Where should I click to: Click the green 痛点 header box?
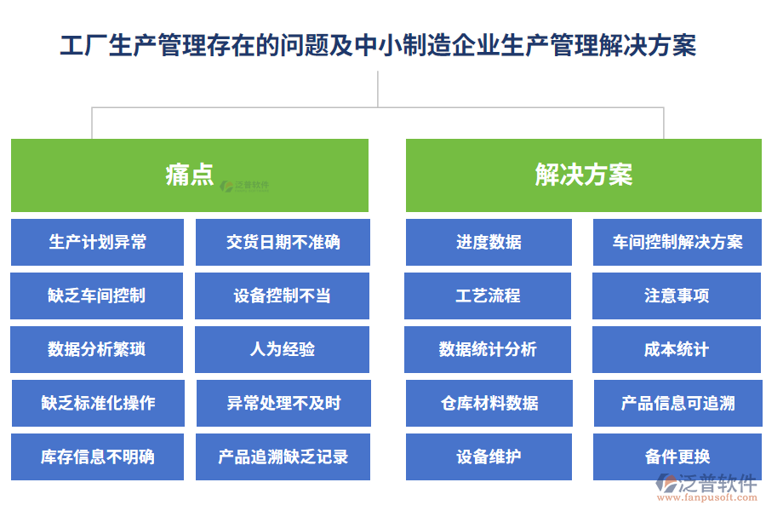(189, 175)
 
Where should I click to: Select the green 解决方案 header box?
(583, 175)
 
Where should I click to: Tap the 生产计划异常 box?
(97, 243)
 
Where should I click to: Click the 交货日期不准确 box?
(283, 243)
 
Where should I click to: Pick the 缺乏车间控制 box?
(96, 296)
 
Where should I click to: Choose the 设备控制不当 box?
(282, 296)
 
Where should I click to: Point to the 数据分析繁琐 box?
(96, 350)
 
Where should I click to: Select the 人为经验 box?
(282, 350)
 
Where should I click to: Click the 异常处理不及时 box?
(283, 404)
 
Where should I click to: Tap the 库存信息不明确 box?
(97, 457)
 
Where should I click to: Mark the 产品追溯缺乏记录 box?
(283, 457)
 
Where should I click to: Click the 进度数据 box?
(489, 243)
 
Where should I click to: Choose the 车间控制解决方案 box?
(677, 243)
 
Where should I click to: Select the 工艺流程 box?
(488, 296)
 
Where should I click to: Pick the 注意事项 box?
(677, 296)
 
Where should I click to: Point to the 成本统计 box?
(677, 350)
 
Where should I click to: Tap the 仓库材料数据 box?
(489, 404)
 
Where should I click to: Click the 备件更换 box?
(677, 457)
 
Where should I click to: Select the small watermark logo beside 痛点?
(244, 185)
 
